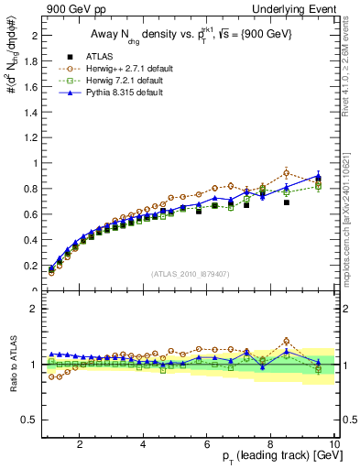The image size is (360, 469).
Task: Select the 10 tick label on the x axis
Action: (334, 444)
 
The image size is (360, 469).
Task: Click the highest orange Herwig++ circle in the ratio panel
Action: (287, 341)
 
